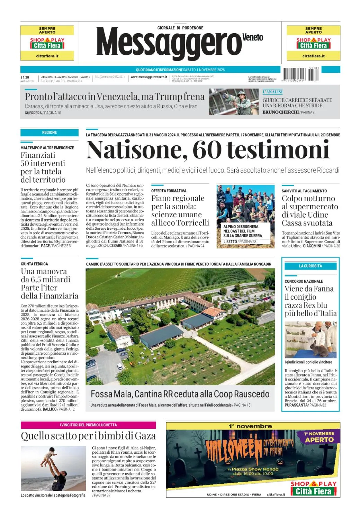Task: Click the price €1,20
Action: tap(25, 77)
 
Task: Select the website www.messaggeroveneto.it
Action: tap(149, 77)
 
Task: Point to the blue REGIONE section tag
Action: tap(49, 133)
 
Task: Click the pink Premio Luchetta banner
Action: tap(88, 425)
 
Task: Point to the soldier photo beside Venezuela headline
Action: tap(234, 102)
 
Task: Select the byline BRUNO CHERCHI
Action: tap(280, 112)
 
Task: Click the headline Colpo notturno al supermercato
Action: tap(309, 210)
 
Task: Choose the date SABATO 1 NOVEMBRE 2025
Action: tap(204, 70)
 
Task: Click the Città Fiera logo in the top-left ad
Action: tap(47, 43)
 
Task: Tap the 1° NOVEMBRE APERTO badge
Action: tap(319, 437)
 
